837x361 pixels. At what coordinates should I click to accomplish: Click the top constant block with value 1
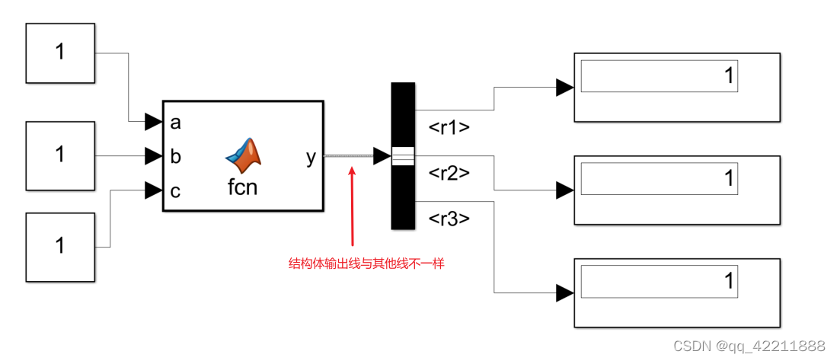click(60, 53)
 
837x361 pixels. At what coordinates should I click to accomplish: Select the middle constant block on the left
click(60, 155)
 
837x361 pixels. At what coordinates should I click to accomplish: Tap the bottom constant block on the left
click(60, 245)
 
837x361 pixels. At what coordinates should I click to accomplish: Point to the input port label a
click(176, 122)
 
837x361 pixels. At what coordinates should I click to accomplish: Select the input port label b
click(176, 157)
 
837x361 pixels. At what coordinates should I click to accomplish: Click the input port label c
click(176, 191)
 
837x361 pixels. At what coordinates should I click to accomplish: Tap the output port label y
click(311, 157)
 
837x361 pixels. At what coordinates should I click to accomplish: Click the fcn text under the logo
click(243, 187)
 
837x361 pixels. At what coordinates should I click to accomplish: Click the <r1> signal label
click(449, 127)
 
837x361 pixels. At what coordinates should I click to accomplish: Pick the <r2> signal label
click(449, 173)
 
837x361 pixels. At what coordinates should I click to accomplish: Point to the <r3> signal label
click(449, 219)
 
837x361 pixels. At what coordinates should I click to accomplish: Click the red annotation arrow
click(351, 206)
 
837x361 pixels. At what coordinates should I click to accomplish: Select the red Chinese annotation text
click(366, 264)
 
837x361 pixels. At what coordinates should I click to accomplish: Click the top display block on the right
click(676, 88)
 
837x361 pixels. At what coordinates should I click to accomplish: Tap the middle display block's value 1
click(728, 178)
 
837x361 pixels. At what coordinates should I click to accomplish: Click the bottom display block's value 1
click(728, 281)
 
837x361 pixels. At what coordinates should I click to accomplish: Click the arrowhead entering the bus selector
click(382, 156)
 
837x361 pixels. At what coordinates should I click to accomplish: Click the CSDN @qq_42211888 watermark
click(749, 346)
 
